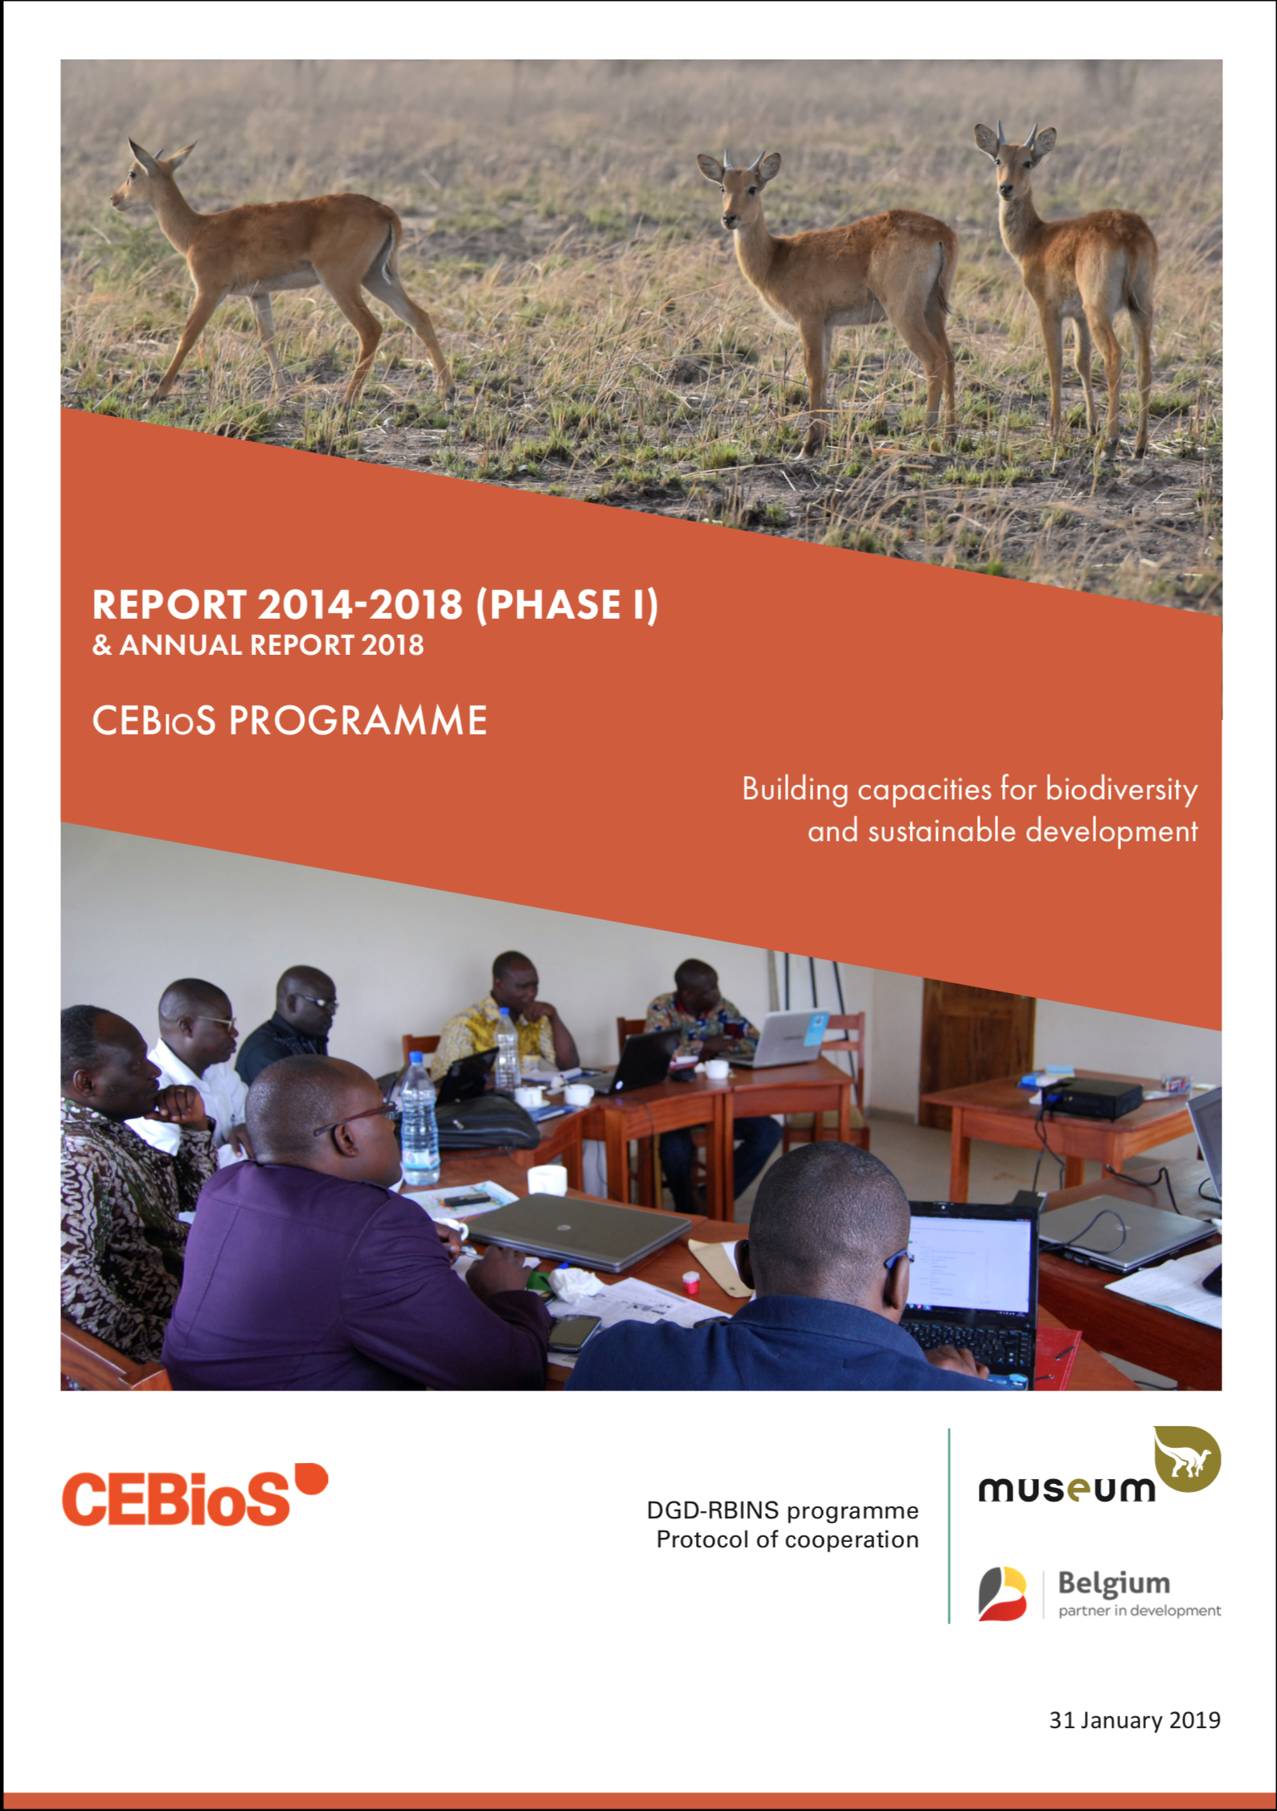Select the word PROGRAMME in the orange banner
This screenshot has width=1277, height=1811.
coord(358,721)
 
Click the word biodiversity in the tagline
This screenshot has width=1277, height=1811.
coord(1121,789)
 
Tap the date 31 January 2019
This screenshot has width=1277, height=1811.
coord(1135,1720)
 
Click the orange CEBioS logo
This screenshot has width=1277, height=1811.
coord(195,1495)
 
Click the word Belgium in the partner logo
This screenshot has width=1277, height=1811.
coord(1114,1583)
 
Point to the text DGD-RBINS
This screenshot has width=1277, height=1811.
coord(713,1511)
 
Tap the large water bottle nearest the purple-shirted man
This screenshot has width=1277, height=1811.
coord(419,1120)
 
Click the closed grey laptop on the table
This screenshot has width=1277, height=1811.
coord(578,1231)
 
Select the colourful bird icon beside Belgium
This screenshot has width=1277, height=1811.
coord(1002,1593)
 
